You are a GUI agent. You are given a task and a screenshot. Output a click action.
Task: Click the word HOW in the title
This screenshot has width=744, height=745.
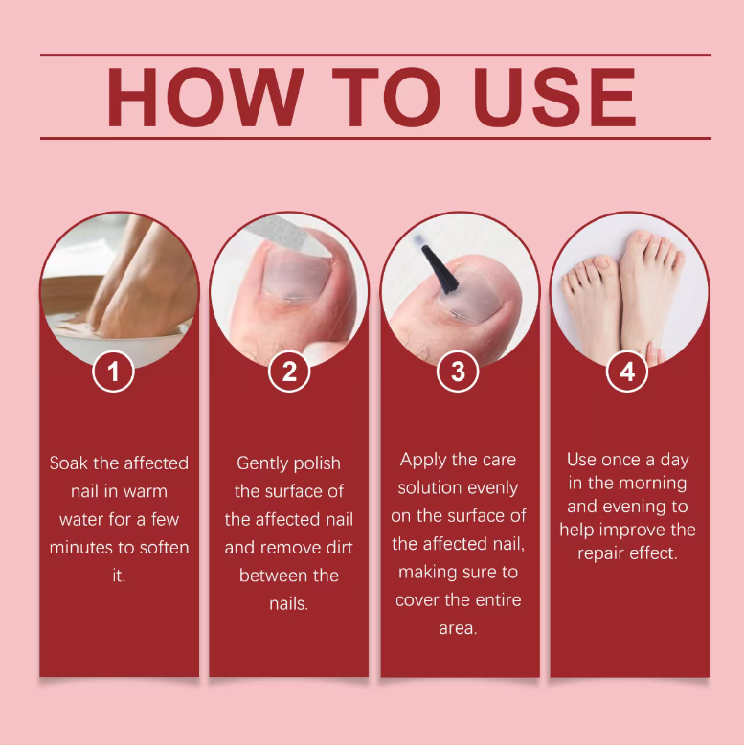tap(205, 97)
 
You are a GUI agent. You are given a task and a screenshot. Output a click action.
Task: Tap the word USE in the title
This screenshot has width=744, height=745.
tap(554, 97)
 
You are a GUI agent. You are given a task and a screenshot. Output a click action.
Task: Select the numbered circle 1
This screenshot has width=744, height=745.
tap(113, 372)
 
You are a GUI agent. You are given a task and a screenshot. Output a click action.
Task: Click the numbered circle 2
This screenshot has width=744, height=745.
tap(289, 372)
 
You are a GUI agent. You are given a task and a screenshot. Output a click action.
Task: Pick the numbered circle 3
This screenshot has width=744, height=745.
tap(458, 372)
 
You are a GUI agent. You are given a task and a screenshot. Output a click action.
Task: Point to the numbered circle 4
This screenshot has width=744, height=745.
tap(627, 372)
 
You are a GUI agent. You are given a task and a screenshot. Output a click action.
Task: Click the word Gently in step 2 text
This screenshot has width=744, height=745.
tap(262, 463)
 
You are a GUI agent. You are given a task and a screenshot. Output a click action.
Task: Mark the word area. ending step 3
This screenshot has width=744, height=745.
tap(458, 628)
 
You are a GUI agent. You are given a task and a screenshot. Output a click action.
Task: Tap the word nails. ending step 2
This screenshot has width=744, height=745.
tap(289, 603)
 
